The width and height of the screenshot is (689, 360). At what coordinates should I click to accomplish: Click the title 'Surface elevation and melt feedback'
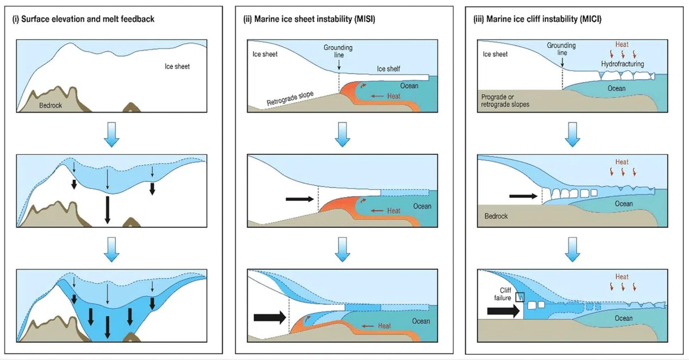(x=88, y=19)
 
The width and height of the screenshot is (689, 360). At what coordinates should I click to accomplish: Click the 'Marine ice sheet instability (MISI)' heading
(x=315, y=19)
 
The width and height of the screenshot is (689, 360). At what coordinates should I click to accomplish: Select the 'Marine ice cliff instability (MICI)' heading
(x=544, y=19)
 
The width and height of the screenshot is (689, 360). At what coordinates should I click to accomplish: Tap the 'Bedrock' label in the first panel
(x=51, y=106)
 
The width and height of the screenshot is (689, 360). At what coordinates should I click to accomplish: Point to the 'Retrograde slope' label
(x=290, y=98)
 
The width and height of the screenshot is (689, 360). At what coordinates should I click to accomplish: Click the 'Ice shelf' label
(x=389, y=69)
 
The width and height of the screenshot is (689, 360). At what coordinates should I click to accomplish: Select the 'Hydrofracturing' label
(x=622, y=64)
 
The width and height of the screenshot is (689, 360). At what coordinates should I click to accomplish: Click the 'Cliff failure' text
(x=503, y=294)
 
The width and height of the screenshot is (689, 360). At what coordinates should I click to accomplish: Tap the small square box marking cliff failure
(x=520, y=297)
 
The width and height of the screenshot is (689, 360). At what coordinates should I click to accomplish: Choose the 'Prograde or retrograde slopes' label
(x=505, y=100)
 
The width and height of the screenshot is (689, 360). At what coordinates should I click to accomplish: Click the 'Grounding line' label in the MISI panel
(x=338, y=51)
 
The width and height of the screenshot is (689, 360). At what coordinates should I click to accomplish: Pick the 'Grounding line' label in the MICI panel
(x=562, y=49)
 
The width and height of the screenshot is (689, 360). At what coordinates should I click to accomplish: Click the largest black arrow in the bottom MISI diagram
(x=270, y=318)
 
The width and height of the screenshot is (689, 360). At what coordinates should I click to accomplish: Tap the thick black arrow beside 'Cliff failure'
(x=504, y=311)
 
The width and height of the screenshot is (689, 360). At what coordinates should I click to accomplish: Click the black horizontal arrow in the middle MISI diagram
(x=300, y=199)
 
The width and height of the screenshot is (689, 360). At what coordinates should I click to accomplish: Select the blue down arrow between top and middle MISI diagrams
(x=342, y=134)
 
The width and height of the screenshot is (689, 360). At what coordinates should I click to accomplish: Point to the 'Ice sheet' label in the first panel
(x=177, y=67)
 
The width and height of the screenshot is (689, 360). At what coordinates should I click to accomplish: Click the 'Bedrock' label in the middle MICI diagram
(x=496, y=216)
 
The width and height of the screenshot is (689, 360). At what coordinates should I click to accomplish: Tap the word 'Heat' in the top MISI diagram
(x=394, y=96)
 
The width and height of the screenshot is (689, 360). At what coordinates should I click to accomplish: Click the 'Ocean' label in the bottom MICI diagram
(x=624, y=319)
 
